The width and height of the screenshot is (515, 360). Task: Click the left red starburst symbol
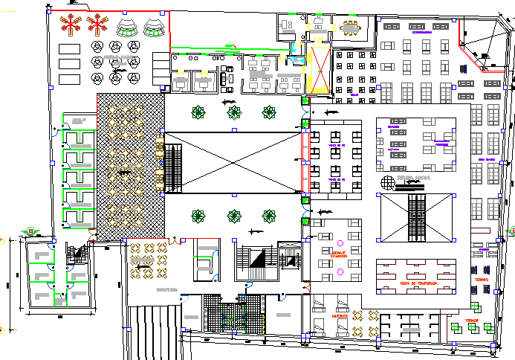[x=69, y=24]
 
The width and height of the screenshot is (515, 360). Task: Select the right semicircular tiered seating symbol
[x=155, y=28]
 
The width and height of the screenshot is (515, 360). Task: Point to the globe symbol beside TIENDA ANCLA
[x=386, y=182]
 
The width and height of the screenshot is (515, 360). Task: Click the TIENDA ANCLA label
[x=412, y=179]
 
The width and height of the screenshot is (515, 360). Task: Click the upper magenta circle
[x=340, y=243]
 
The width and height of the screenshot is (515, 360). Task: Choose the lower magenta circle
[x=340, y=272]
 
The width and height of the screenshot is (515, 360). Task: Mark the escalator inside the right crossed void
[x=415, y=218]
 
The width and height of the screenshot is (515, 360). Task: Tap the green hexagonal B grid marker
[x=30, y=231]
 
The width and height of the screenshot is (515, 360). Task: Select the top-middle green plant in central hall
[x=234, y=112]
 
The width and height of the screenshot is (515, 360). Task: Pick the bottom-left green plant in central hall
[x=198, y=216]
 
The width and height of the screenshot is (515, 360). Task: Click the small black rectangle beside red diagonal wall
[x=485, y=56]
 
